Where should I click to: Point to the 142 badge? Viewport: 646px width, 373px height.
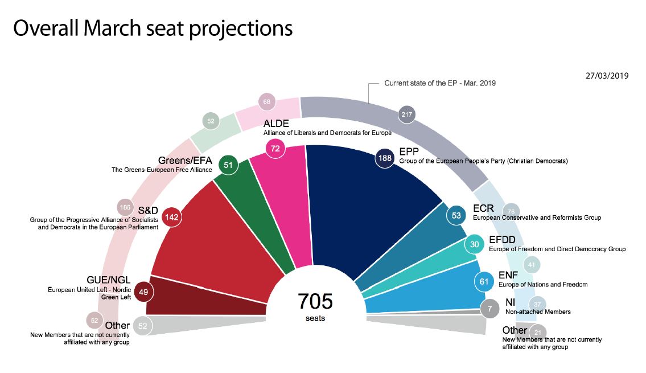pyautogui.click(x=172, y=217)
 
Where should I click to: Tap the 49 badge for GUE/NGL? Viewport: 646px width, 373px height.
pyautogui.click(x=143, y=293)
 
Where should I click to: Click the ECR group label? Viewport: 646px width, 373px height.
pyautogui.click(x=483, y=208)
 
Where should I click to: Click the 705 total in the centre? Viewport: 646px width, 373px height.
pyautogui.click(x=315, y=301)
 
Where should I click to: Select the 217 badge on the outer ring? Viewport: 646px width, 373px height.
pyautogui.click(x=406, y=114)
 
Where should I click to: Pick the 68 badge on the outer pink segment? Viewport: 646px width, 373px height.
pyautogui.click(x=266, y=103)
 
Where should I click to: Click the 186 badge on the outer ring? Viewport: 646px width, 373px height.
pyautogui.click(x=125, y=207)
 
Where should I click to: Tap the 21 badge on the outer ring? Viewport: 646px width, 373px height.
pyautogui.click(x=538, y=332)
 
